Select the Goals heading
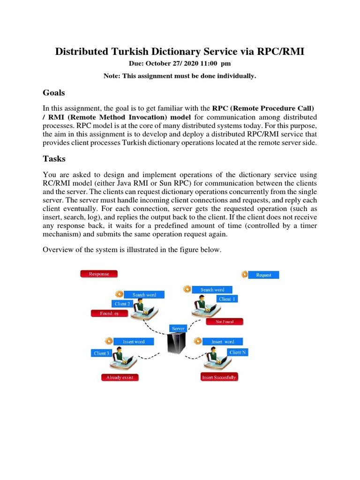(53, 92)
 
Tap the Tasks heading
(54, 158)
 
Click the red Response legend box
(99, 274)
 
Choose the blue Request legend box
(263, 275)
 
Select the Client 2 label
(122, 304)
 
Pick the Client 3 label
(101, 353)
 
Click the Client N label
(237, 352)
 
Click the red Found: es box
(109, 314)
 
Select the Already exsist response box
(120, 377)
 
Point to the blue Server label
(179, 329)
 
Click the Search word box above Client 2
(144, 295)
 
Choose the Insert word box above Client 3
(134, 342)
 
